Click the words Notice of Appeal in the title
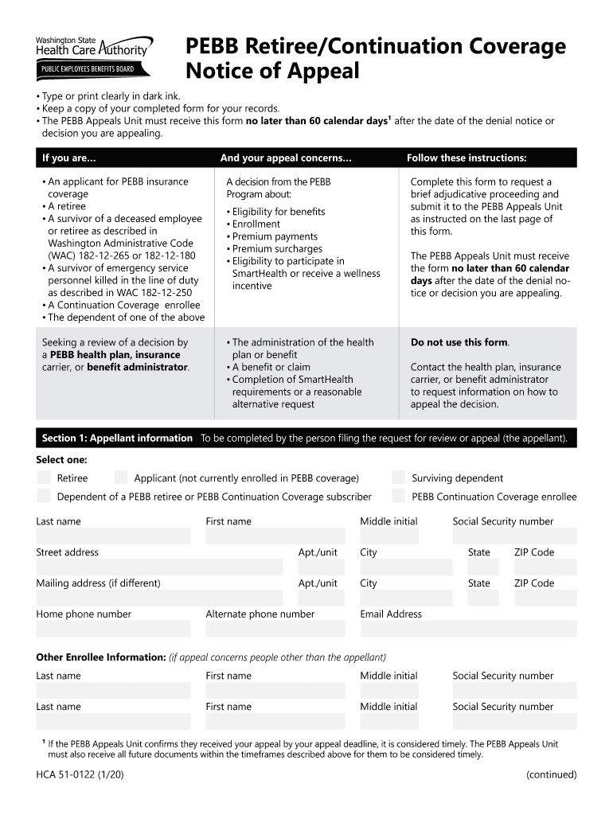tap(272, 72)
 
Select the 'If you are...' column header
tap(69, 158)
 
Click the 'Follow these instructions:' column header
tap(467, 158)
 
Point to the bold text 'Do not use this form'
tap(459, 342)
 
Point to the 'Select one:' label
tap(61, 460)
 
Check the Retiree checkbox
tap(44, 478)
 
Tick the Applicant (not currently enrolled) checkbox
tap(121, 478)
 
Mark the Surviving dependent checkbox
tap(399, 478)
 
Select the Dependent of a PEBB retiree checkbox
tap(44, 497)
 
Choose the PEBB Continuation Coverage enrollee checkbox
tap(399, 497)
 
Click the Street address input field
tap(159, 567)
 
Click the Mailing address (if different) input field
tap(159, 598)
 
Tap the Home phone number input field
tap(113, 629)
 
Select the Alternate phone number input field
tap(275, 629)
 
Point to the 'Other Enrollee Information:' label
tap(100, 657)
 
